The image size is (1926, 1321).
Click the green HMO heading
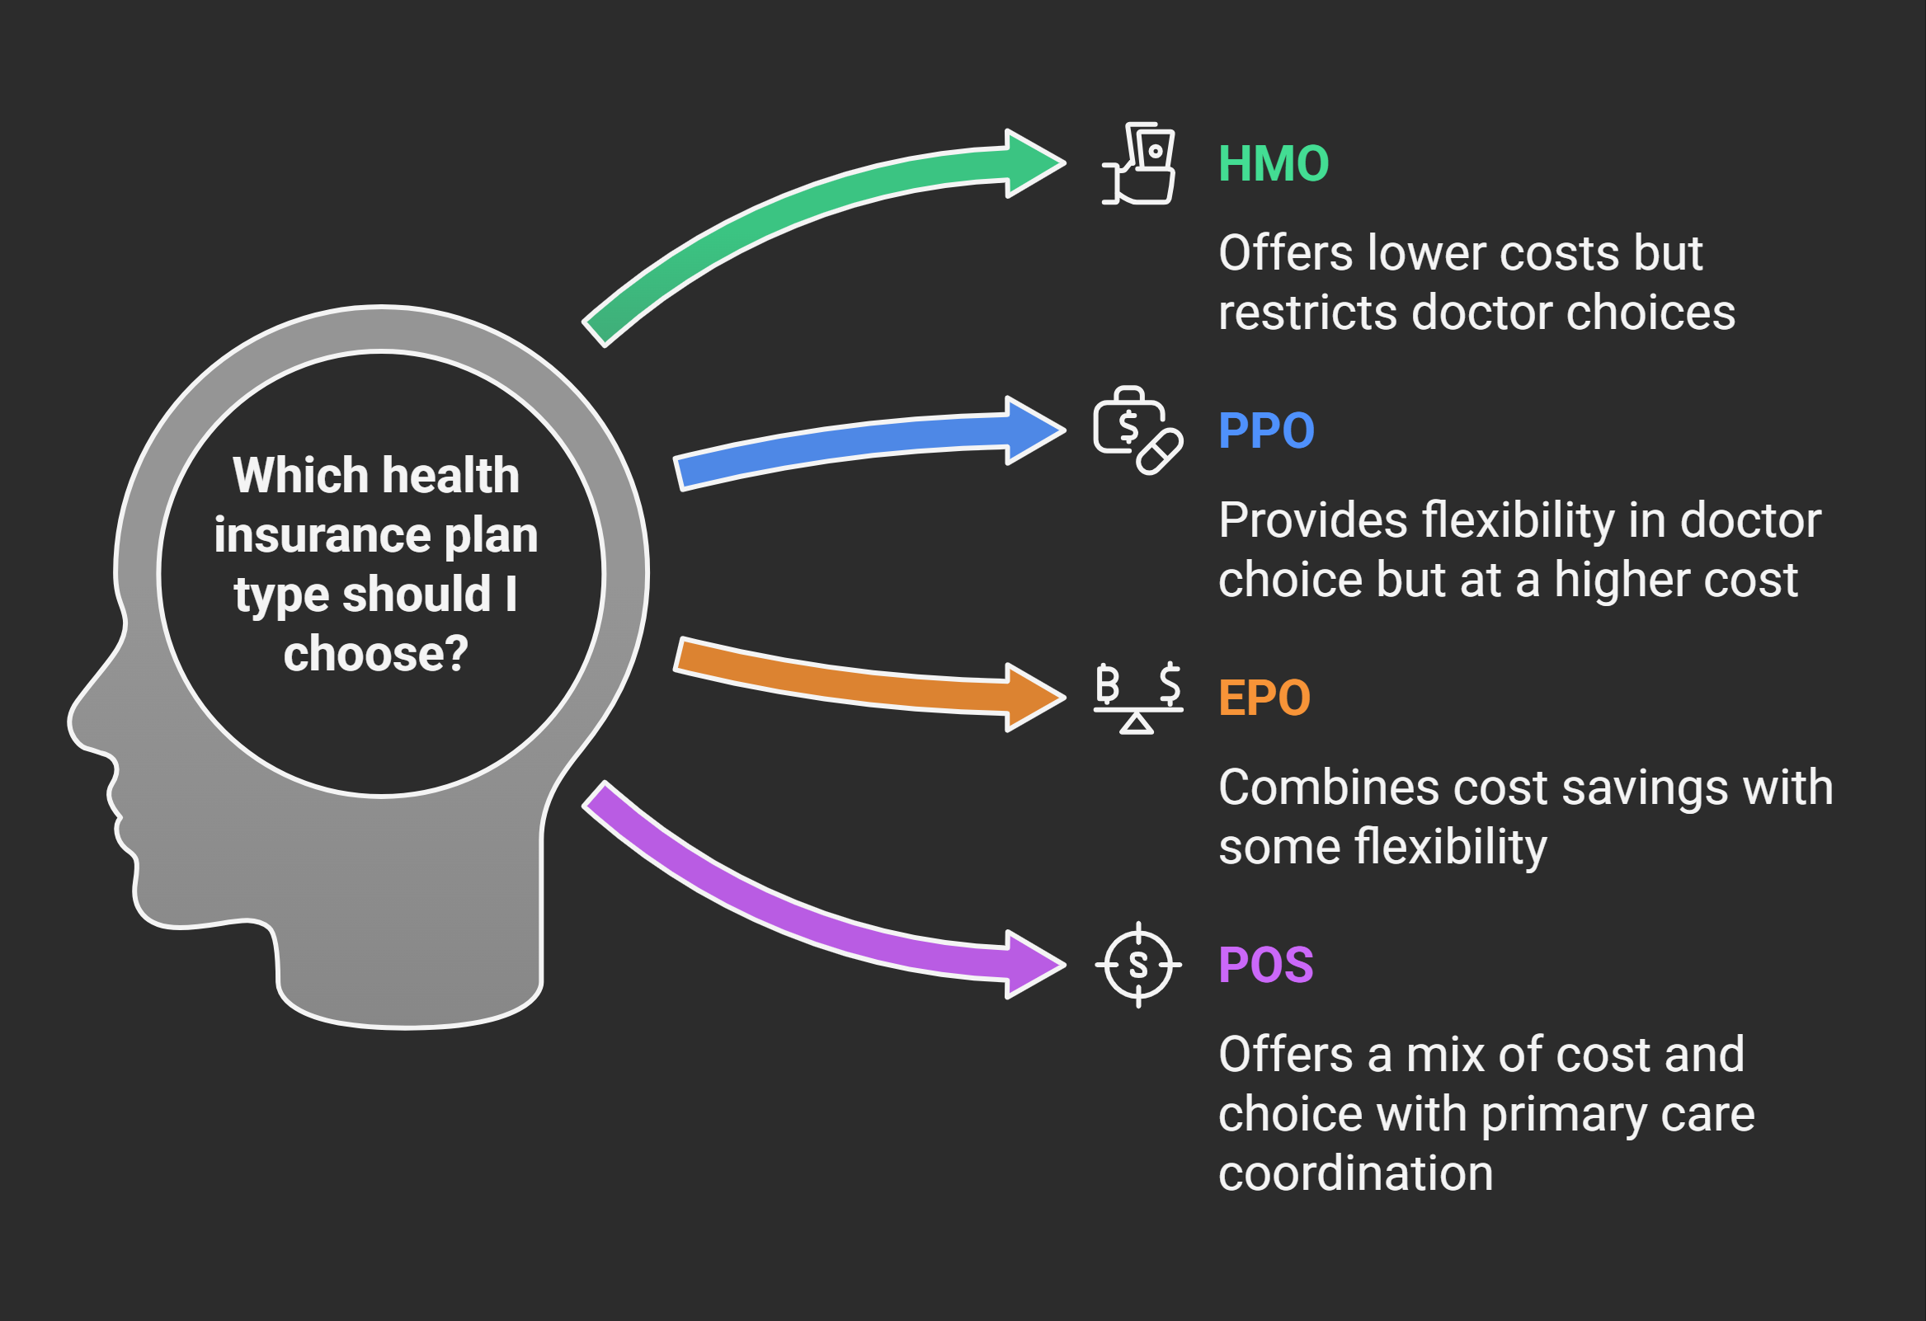pyautogui.click(x=1273, y=164)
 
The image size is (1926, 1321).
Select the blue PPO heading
pyautogui.click(x=1265, y=431)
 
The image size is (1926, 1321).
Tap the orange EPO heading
pyautogui.click(x=1264, y=698)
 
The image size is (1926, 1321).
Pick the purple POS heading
pyautogui.click(x=1265, y=965)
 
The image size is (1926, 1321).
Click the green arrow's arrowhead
pyautogui.click(x=1032, y=163)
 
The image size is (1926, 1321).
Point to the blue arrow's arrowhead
pyautogui.click(x=1032, y=430)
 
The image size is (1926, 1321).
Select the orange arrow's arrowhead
pyautogui.click(x=1032, y=697)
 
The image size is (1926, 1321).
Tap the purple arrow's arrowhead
pyautogui.click(x=1032, y=964)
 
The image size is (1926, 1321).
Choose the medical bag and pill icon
pyautogui.click(x=1137, y=430)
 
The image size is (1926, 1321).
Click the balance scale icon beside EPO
pyautogui.click(x=1137, y=698)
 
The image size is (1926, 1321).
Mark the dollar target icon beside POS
pyautogui.click(x=1137, y=965)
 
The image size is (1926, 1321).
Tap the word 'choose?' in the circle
pyautogui.click(x=375, y=654)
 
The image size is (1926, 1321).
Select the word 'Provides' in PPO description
pyautogui.click(x=1311, y=520)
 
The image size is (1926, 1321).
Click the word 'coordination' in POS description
pyautogui.click(x=1355, y=1173)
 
